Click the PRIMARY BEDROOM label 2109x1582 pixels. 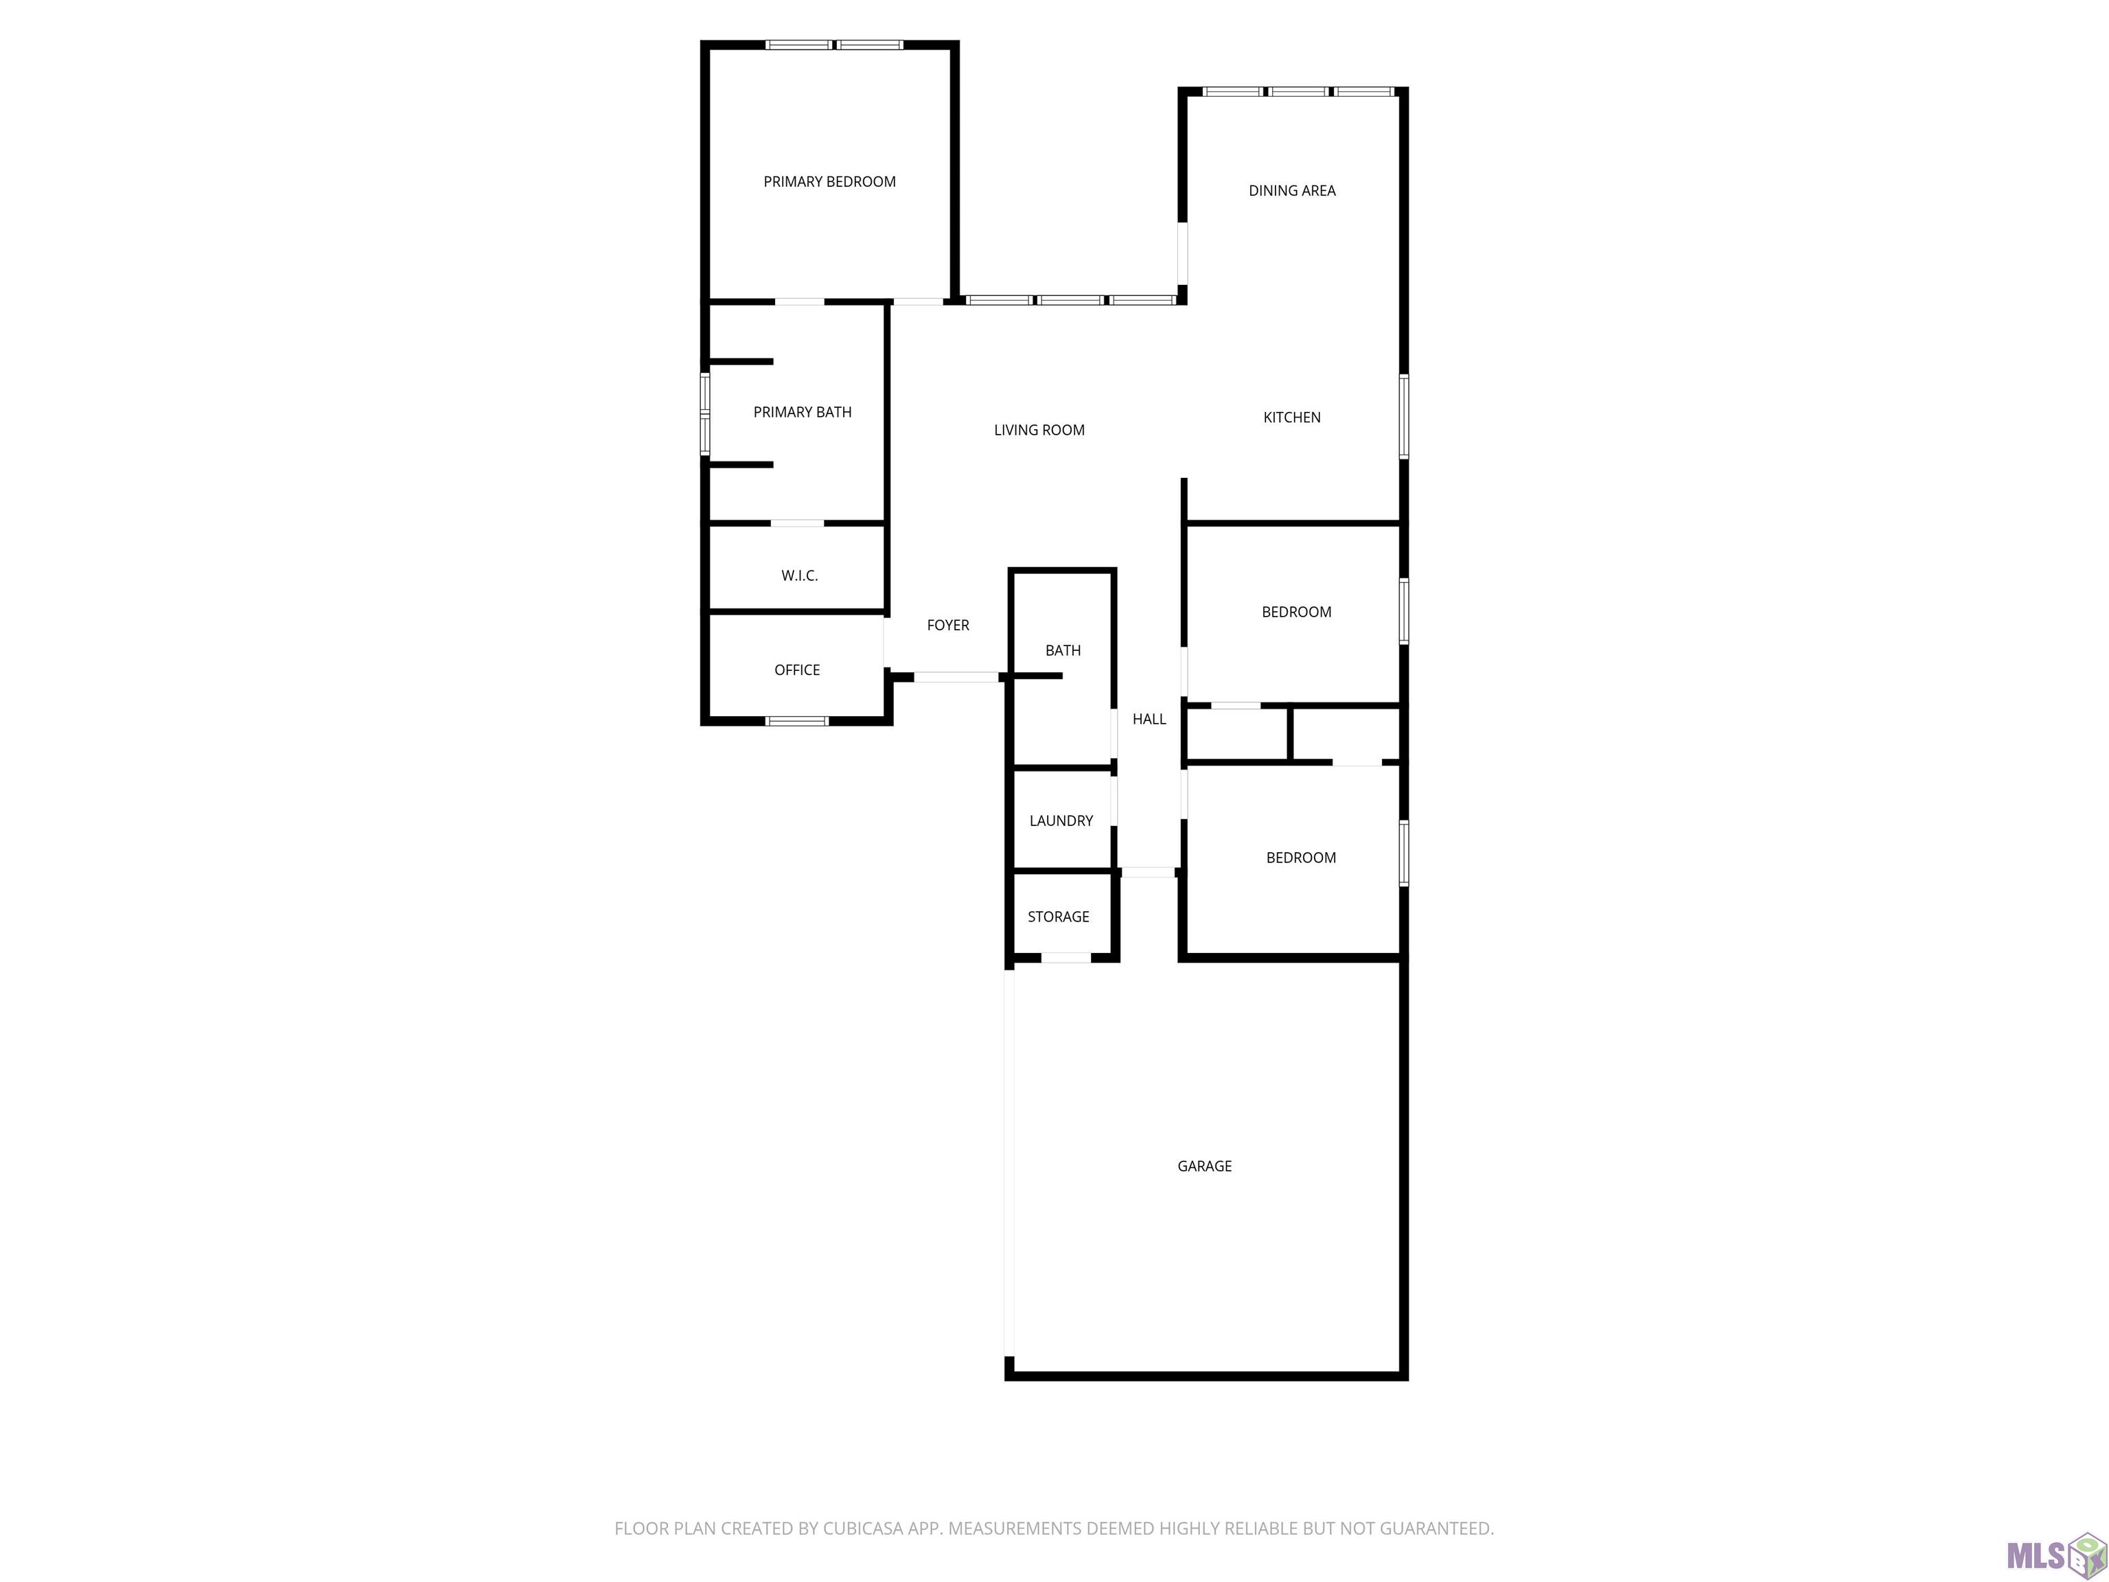[829, 181]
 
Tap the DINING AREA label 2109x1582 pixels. [1292, 191]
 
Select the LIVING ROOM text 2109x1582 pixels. [1039, 430]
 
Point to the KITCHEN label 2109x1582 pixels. [1292, 417]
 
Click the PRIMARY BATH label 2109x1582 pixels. [803, 412]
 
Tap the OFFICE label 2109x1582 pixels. [797, 669]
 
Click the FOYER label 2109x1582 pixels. [947, 625]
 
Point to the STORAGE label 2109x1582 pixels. [1059, 917]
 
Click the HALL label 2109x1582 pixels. [1149, 719]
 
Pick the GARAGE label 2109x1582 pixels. [1204, 1165]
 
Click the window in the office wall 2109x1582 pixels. [797, 721]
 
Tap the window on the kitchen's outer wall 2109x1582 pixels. [1403, 417]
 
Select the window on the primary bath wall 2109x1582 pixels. [706, 414]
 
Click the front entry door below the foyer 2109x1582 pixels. [956, 677]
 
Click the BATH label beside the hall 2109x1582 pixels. [1063, 650]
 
